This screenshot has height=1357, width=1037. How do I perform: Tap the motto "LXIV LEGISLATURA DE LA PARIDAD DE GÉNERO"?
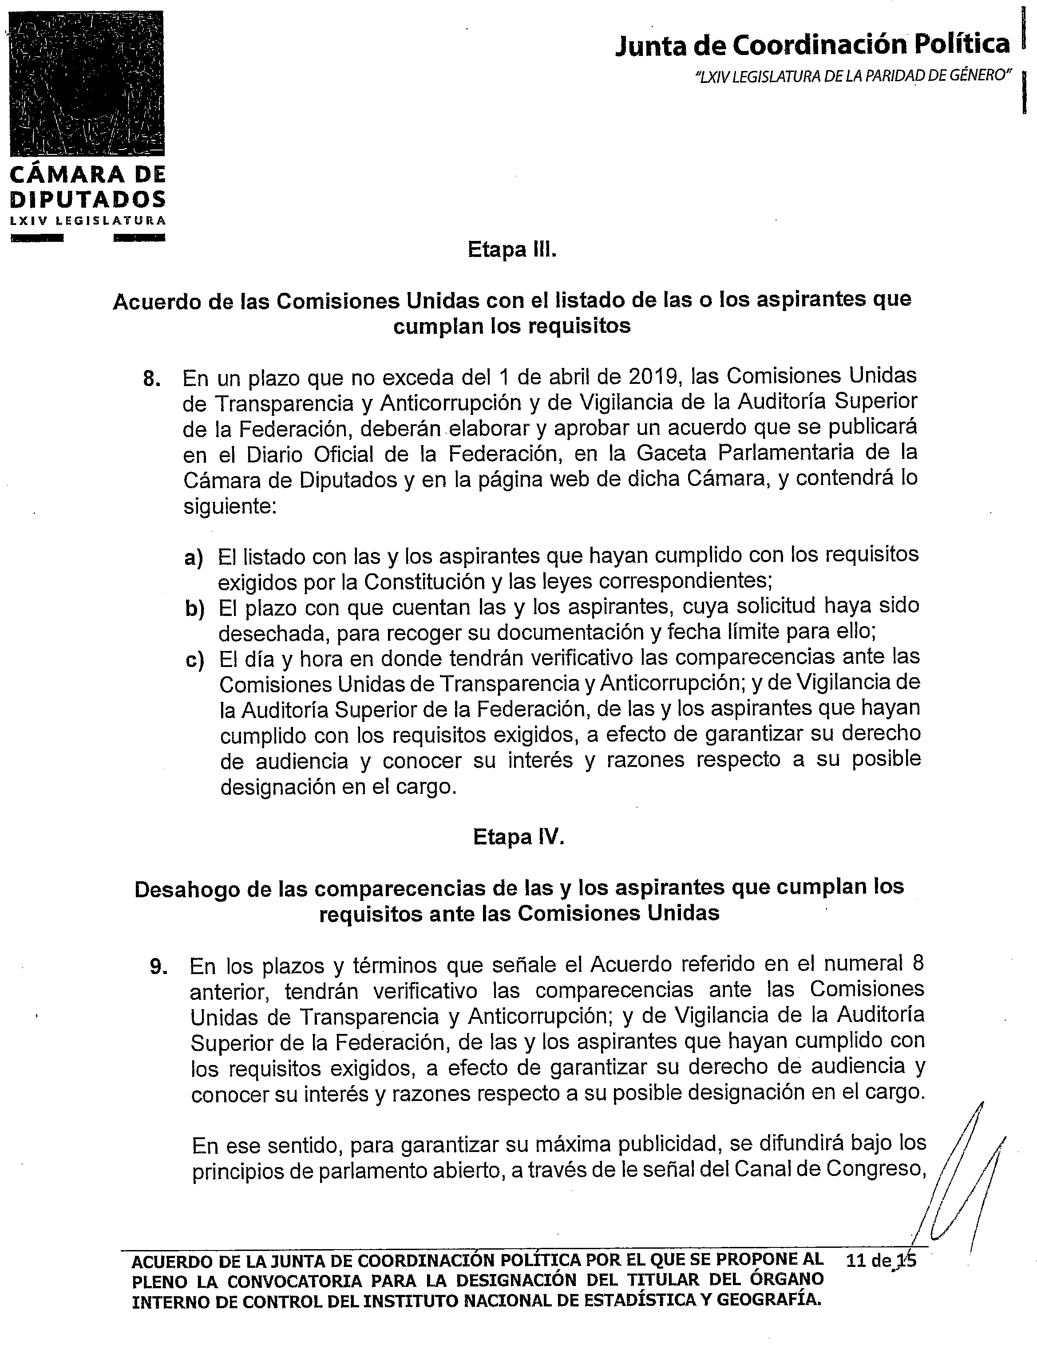tap(853, 76)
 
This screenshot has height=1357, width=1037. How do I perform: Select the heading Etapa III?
tap(512, 250)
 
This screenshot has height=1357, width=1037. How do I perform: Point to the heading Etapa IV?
tap(518, 837)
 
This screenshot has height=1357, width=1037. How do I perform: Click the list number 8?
tap(152, 378)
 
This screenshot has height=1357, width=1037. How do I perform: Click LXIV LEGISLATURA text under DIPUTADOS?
tap(87, 220)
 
